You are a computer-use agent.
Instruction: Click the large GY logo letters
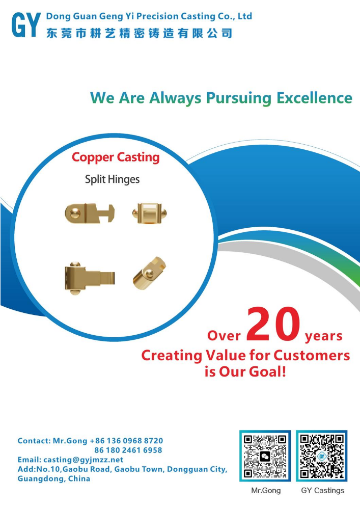click(26, 24)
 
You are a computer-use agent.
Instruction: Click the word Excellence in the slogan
click(314, 98)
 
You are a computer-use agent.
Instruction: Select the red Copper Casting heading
click(116, 157)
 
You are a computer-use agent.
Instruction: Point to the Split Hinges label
click(112, 179)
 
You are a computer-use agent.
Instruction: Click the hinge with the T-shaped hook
click(90, 213)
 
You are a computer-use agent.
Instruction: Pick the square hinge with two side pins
click(150, 213)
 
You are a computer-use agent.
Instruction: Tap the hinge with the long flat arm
click(90, 278)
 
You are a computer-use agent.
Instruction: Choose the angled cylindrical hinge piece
click(149, 273)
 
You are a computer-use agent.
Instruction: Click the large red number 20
click(273, 324)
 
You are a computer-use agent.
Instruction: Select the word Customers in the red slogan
click(312, 355)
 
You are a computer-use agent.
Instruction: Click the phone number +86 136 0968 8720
click(126, 441)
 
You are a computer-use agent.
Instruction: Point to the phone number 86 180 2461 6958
click(128, 450)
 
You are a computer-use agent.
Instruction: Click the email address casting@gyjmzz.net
click(84, 460)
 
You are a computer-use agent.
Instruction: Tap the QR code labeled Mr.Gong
click(265, 456)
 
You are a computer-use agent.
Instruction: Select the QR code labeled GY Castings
click(322, 456)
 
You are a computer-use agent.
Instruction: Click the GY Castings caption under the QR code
click(323, 491)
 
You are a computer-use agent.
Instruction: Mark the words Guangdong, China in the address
click(54, 479)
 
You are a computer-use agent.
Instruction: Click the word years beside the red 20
click(324, 336)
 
